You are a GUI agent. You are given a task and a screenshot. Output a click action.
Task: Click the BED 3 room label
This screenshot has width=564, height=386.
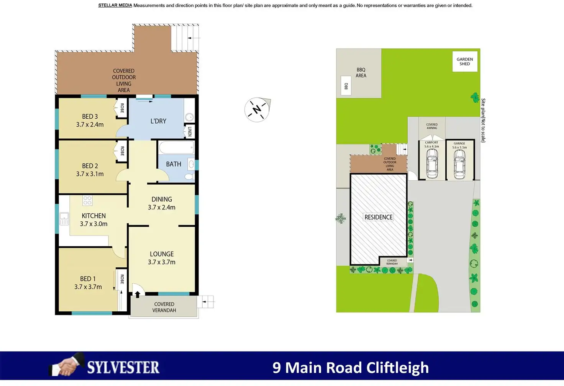(90, 120)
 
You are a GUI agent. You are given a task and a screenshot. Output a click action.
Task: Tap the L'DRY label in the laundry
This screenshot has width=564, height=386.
(158, 121)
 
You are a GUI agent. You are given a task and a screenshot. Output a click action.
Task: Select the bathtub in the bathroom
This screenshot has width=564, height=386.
(177, 147)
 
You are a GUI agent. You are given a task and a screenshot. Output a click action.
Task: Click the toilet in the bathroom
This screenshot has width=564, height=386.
(190, 177)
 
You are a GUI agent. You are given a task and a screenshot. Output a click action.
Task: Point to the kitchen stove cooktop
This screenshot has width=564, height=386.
(87, 201)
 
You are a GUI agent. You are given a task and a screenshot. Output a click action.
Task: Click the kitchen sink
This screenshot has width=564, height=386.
(64, 219)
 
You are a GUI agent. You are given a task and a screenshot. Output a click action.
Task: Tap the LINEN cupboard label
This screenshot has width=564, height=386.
(190, 131)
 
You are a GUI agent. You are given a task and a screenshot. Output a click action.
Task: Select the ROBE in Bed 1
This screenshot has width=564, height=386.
(122, 279)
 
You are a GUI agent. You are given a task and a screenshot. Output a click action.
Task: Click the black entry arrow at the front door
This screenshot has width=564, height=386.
(138, 294)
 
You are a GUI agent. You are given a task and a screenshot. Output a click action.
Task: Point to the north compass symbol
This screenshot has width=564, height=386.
(257, 110)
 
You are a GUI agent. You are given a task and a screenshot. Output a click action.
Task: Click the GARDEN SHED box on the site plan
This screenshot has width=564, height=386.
(465, 61)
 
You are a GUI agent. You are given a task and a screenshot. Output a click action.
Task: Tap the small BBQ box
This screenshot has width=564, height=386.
(346, 86)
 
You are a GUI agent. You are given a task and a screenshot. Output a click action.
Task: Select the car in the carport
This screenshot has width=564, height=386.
(432, 164)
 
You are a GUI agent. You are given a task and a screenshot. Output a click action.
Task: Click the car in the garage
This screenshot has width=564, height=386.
(459, 164)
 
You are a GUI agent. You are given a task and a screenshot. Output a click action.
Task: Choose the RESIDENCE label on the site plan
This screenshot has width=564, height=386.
(379, 217)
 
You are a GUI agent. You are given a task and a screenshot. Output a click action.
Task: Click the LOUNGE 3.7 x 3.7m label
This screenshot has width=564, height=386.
(162, 258)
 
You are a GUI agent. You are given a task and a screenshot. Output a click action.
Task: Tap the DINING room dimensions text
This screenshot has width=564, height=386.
(162, 207)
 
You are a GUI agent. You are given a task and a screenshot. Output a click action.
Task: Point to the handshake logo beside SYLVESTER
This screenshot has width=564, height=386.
(67, 365)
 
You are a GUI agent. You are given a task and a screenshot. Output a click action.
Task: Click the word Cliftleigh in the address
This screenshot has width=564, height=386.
(397, 368)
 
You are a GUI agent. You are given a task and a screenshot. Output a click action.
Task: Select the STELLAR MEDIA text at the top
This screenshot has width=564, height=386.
(115, 5)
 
